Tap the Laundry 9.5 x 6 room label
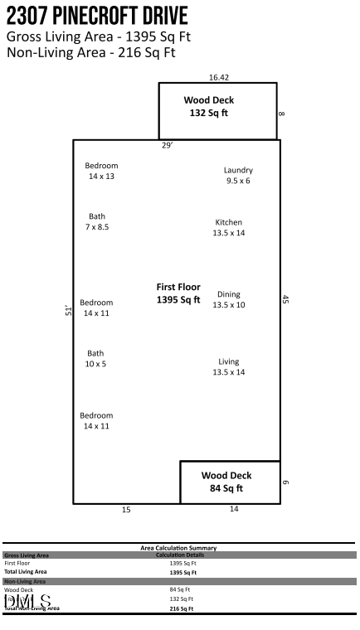coord(238,176)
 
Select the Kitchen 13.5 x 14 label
coord(229,228)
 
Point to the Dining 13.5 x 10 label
coord(229,300)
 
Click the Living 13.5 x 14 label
coord(229,367)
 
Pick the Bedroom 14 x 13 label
coord(101,171)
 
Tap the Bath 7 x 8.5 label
coord(97,221)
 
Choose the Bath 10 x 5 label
coord(96,359)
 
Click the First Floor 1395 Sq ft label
coord(178,293)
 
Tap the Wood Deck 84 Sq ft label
coord(226,482)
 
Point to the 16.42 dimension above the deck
coord(219,77)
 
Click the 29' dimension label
coord(167,146)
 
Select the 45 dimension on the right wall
coord(285,300)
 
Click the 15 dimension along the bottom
coord(126,510)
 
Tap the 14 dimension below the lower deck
coord(234,509)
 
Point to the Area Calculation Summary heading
coord(178,548)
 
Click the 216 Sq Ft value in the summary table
coord(182,608)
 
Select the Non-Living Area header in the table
coord(25,581)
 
